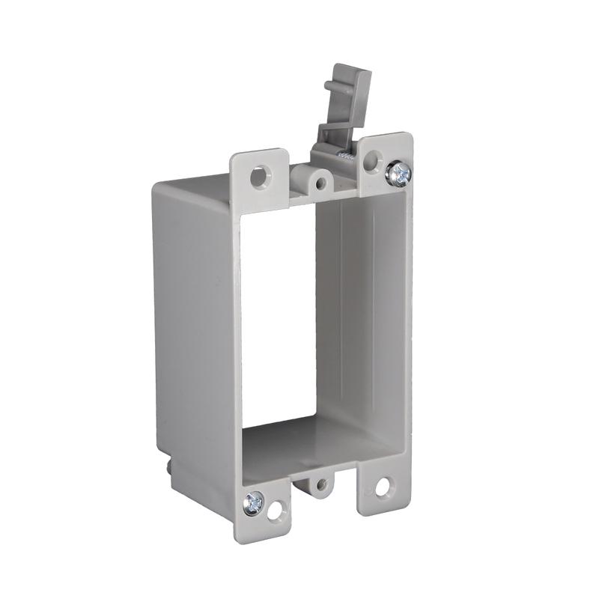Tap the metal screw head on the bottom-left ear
[x=255, y=499]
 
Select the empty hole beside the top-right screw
[x=372, y=160]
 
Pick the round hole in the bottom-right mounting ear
[x=383, y=487]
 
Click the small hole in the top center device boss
[x=321, y=182]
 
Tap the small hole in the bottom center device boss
[x=320, y=484]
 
